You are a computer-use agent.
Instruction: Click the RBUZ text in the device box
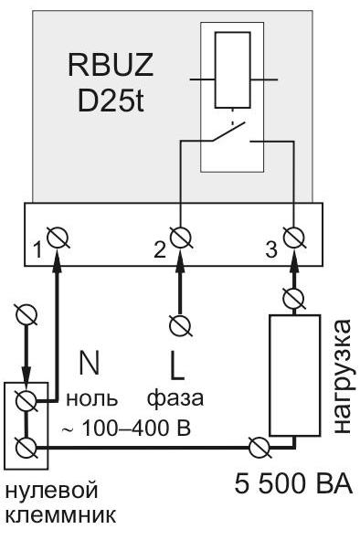(x=111, y=65)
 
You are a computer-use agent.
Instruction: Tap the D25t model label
(x=111, y=101)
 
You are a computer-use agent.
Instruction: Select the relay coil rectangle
(x=232, y=70)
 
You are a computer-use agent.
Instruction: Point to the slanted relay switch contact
(x=228, y=131)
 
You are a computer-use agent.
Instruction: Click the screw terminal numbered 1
(x=58, y=238)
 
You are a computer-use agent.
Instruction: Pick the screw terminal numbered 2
(x=181, y=237)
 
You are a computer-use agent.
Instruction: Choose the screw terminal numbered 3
(x=294, y=237)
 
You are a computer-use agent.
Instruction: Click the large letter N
(x=90, y=363)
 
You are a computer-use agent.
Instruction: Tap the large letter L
(x=177, y=366)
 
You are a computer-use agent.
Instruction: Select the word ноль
(x=92, y=398)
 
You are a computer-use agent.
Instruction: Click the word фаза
(x=175, y=399)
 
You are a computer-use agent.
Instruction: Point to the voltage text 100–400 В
(x=136, y=429)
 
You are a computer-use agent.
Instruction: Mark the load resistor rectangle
(x=294, y=375)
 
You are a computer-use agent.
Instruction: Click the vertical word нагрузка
(x=342, y=376)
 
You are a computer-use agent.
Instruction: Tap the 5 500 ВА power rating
(x=294, y=483)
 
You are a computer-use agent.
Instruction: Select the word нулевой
(x=52, y=491)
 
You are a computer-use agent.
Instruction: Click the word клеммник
(x=61, y=516)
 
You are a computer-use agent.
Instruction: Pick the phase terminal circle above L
(x=181, y=324)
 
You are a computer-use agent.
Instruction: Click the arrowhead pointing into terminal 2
(x=181, y=258)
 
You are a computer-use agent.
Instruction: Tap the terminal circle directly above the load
(x=294, y=298)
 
